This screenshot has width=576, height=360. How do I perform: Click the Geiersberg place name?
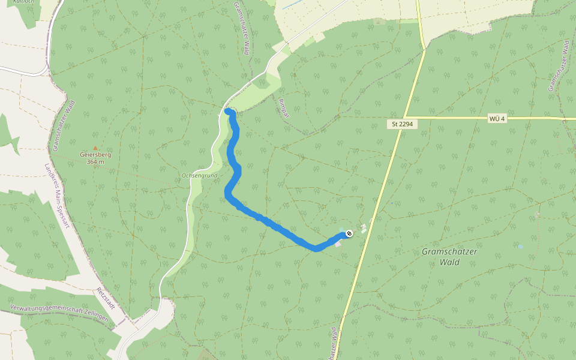click(96, 154)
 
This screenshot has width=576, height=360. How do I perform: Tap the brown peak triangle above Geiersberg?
click(94, 148)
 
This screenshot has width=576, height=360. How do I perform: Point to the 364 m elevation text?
click(95, 161)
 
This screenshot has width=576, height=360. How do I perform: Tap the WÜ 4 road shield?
click(497, 118)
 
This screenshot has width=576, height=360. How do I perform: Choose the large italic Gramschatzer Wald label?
click(449, 257)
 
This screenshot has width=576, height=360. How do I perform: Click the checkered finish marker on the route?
click(349, 233)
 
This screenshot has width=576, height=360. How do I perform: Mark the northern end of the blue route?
click(228, 111)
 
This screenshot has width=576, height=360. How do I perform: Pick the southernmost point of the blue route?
click(316, 249)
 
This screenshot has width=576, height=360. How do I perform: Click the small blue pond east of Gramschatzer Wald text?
click(520, 246)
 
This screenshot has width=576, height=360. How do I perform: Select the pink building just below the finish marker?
click(338, 244)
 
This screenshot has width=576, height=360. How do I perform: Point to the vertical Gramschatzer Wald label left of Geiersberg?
click(62, 126)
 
